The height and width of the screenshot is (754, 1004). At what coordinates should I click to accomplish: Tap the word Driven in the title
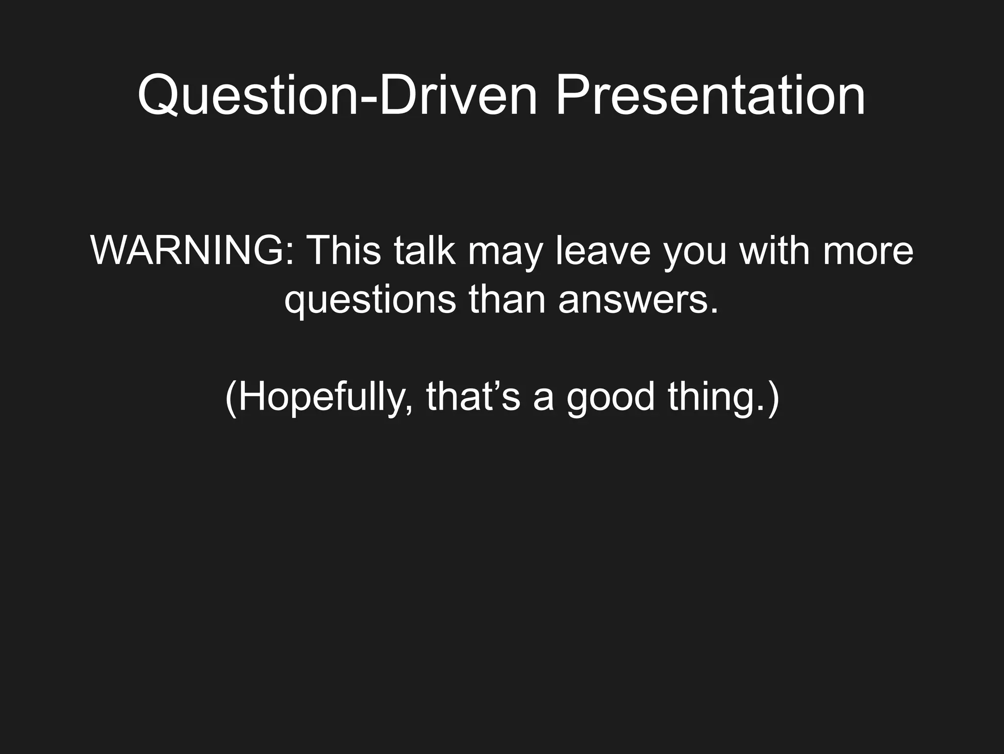[x=458, y=96]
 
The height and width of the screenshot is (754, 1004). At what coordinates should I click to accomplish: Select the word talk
[x=425, y=251]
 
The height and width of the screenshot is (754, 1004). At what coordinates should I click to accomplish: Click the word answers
[x=632, y=300]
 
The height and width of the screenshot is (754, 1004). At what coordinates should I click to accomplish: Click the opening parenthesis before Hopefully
[x=231, y=398]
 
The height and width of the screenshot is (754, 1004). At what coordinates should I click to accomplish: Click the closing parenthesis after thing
[x=773, y=398]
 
